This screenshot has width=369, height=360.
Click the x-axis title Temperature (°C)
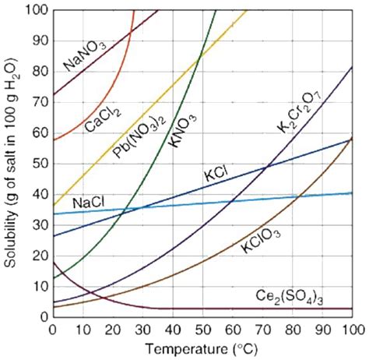(x=201, y=348)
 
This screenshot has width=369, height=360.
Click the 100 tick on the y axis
(x=36, y=10)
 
